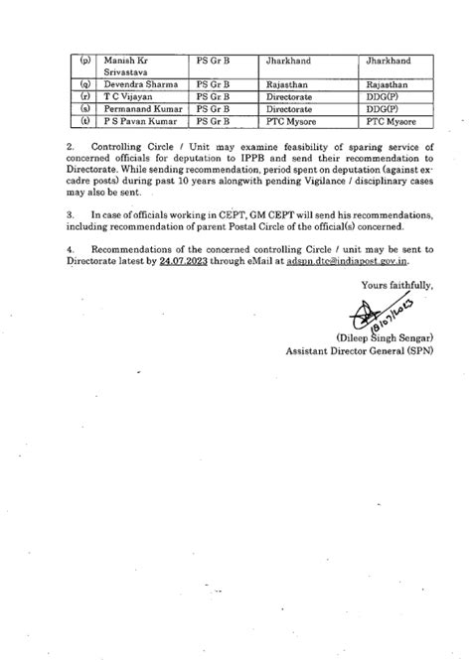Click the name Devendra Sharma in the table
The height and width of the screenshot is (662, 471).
pyautogui.click(x=140, y=86)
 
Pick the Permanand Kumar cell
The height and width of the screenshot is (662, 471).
pyautogui.click(x=139, y=110)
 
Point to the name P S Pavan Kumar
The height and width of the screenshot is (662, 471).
pyautogui.click(x=141, y=122)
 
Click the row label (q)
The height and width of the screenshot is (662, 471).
pyautogui.click(x=84, y=86)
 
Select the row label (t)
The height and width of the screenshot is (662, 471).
pyautogui.click(x=84, y=122)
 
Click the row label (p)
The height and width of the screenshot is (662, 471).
pyautogui.click(x=84, y=62)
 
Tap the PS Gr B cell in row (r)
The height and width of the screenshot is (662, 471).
pyautogui.click(x=214, y=98)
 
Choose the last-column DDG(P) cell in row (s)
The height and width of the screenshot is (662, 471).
pyautogui.click(x=356, y=110)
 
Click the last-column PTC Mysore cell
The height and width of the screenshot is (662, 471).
pyautogui.click(x=366, y=122)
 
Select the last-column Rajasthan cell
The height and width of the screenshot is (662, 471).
pyautogui.click(x=364, y=86)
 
